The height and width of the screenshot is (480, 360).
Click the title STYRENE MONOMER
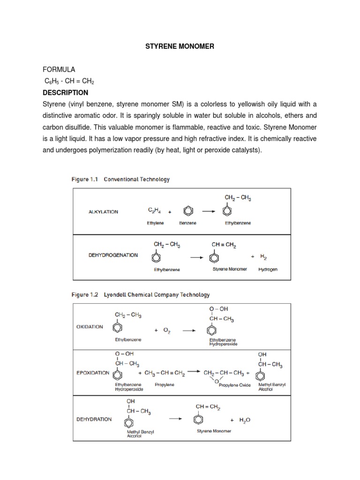point(180,47)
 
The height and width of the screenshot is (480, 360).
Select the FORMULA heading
point(59,69)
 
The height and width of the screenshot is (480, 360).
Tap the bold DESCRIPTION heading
point(65,92)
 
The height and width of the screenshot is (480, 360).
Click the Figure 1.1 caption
point(120,179)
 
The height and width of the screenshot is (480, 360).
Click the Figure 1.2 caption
point(140,295)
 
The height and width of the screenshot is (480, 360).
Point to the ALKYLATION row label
point(103,212)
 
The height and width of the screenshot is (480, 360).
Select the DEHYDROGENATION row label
point(113,255)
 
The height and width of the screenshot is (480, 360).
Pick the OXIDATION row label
point(90,327)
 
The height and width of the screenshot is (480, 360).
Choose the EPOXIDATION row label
point(93,373)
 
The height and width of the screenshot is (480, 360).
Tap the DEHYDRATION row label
point(94,419)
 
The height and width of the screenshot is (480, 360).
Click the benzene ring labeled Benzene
point(187,211)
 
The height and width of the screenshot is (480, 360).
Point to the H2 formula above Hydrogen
point(263,257)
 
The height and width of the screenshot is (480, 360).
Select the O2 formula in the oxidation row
point(166,330)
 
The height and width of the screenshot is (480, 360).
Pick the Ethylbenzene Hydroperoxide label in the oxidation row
point(223,341)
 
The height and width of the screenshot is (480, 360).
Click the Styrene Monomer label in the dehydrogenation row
point(230,270)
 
